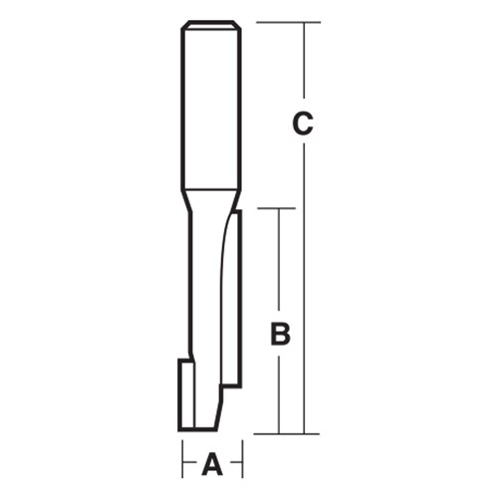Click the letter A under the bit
coord(211,463)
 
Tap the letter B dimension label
coord(281,336)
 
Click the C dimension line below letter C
coord(304,289)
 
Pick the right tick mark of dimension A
coord(241,462)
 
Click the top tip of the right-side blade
coord(236,211)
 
